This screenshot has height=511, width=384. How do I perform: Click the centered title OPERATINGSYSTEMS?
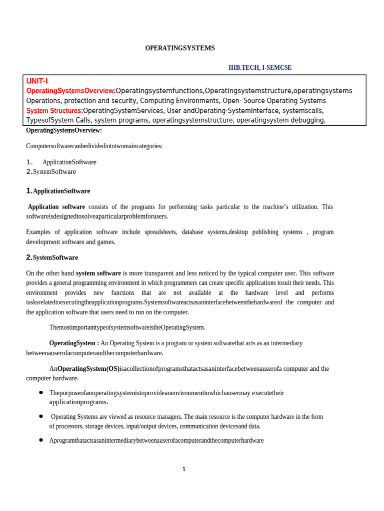180,48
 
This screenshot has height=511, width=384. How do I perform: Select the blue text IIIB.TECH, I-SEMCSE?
260,67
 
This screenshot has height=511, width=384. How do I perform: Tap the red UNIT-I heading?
37,81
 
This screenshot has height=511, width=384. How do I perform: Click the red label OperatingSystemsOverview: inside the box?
70,91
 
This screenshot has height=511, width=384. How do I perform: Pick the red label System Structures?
54,110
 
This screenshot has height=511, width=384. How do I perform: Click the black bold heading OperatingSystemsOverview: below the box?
64,130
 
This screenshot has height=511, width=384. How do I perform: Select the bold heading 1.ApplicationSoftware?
58,191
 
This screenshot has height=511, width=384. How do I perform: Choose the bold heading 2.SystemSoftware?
52,257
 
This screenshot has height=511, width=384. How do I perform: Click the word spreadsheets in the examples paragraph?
160,232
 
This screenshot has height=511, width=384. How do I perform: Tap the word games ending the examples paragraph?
107,242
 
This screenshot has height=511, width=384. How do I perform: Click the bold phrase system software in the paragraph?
98,273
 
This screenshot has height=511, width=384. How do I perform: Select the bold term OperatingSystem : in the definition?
74,343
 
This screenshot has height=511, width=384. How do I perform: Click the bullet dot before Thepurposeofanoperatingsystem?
41,393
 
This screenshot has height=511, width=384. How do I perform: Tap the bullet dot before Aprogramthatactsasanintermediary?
41,440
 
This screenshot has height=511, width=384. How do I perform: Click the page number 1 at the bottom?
183,469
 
